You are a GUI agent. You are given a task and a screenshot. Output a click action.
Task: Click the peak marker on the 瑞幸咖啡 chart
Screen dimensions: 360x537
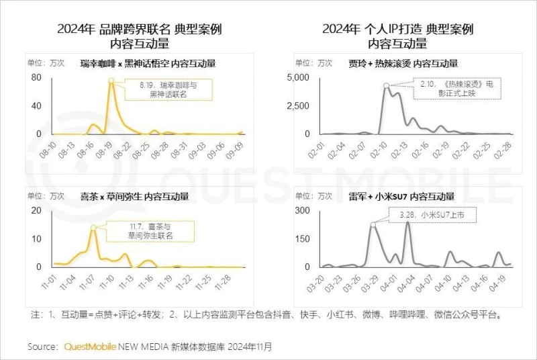[x=111, y=81]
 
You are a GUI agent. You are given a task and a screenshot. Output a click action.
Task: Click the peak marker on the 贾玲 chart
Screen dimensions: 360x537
[x=386, y=85]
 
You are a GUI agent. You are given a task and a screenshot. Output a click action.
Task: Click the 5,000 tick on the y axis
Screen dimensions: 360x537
[x=298, y=77]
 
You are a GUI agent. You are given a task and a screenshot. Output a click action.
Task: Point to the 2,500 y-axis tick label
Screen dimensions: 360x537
[x=298, y=106]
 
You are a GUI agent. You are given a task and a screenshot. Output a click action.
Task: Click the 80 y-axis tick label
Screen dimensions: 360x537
[x=36, y=77]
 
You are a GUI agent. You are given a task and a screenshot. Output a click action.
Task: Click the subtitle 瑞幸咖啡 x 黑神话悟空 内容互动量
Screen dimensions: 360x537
[x=152, y=63]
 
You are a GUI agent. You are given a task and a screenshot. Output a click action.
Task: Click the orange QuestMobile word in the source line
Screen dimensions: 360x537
[x=89, y=347]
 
